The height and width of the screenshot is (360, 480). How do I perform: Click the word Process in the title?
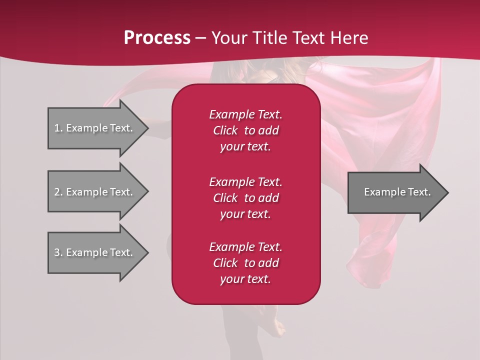point(157,38)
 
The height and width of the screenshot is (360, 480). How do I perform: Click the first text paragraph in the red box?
point(245,130)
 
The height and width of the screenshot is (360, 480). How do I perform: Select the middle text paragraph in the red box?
point(245,198)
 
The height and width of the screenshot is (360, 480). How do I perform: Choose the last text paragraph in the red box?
point(245,263)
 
